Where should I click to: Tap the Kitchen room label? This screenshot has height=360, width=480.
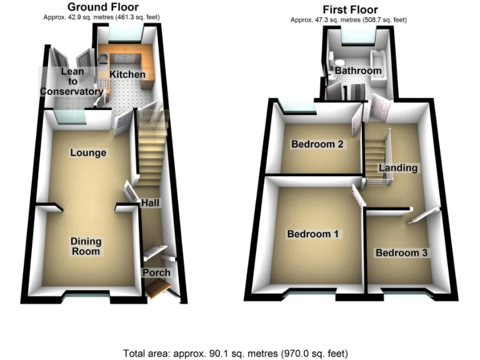(127, 75)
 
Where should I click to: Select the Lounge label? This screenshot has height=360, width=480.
(88, 153)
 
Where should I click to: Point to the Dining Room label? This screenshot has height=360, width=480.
(86, 246)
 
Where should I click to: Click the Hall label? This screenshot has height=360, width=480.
(150, 204)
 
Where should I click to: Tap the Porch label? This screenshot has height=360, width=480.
(156, 273)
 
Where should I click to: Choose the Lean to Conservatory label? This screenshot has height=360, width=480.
(72, 82)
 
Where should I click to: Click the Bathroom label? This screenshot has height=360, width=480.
(357, 71)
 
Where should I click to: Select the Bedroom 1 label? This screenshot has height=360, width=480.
(312, 234)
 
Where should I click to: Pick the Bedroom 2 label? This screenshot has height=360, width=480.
(317, 144)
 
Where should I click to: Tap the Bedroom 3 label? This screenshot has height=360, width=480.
(401, 253)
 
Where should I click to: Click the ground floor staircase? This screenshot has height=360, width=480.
(151, 150)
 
